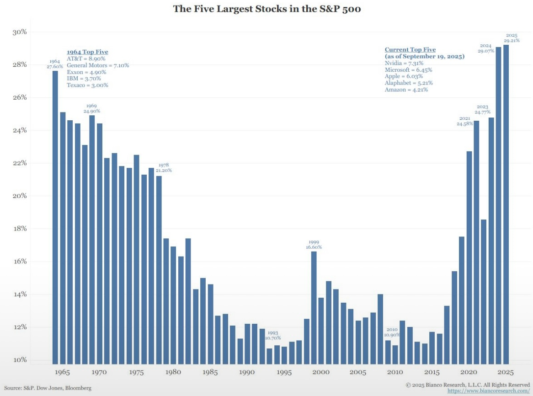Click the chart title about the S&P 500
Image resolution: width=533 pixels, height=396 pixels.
click(x=266, y=9)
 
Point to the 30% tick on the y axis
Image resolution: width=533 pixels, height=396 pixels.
click(x=19, y=32)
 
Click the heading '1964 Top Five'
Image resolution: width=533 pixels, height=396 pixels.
click(x=87, y=52)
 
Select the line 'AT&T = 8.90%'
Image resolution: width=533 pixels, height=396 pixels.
click(x=86, y=59)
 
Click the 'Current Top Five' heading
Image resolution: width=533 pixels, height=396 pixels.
click(x=410, y=49)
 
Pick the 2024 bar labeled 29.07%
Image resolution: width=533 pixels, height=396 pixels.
click(x=498, y=205)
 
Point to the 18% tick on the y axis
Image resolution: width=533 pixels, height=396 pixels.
click(x=19, y=229)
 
